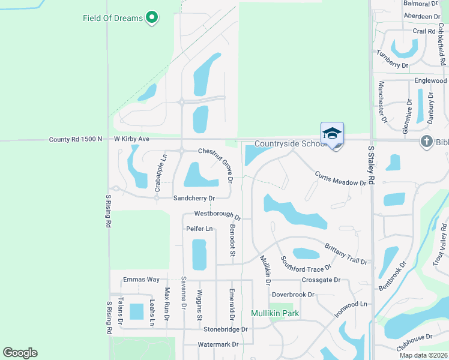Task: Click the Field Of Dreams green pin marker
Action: pos(152,18)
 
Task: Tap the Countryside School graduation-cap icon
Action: pos(332,134)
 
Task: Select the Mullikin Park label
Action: pos(275,313)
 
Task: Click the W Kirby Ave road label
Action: pos(131,139)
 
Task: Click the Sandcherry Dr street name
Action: pos(193,197)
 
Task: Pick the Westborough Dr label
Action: pos(217,214)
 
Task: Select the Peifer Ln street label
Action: pos(199,229)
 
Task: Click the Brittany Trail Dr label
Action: pos(346,254)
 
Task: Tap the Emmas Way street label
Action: pos(141,280)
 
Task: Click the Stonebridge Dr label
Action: pos(225,329)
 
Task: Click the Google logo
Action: pos(20,353)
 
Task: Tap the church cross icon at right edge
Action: pos(426,142)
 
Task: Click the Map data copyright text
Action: pos(424,355)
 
